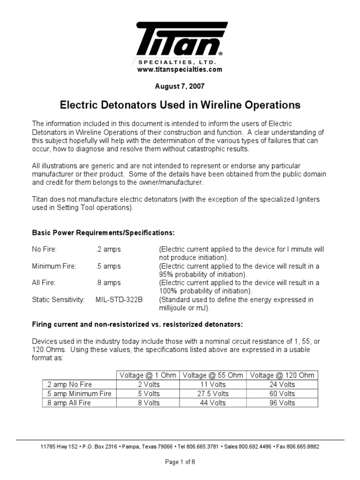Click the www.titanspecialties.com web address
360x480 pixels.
click(x=180, y=69)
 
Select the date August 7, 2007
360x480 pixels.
click(x=180, y=87)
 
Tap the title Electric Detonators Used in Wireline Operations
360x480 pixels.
click(x=180, y=105)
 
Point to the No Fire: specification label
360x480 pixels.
click(x=44, y=249)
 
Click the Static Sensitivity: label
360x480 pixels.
click(x=58, y=300)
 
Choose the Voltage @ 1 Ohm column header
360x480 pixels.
click(x=148, y=375)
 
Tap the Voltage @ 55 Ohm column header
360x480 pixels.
click(x=212, y=375)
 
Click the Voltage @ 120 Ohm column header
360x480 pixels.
click(x=282, y=375)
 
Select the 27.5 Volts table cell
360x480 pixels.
click(x=212, y=394)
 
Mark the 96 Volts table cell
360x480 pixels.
click(x=282, y=403)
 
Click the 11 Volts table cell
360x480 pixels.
click(x=212, y=384)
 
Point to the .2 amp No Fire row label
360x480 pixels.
click(x=66, y=384)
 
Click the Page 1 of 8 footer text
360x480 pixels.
click(x=180, y=462)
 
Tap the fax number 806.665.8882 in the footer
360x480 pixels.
click(x=300, y=447)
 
